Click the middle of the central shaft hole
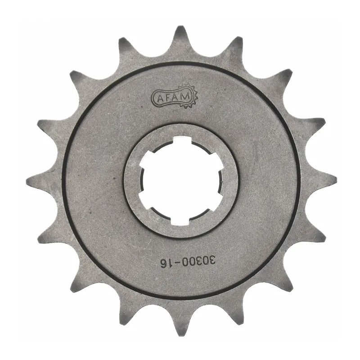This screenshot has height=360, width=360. click(180, 180)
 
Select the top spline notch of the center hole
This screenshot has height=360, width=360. click(180, 143)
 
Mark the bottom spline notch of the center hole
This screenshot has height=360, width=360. click(180, 219)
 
